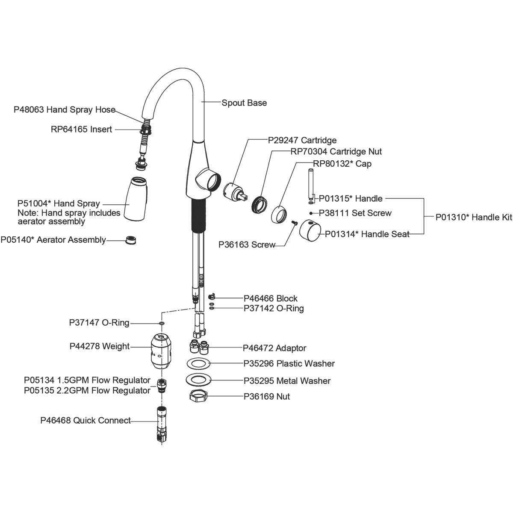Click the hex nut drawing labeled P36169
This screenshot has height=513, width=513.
coord(198,396)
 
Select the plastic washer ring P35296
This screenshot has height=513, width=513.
coord(199,364)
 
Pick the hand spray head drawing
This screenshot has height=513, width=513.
coord(136,198)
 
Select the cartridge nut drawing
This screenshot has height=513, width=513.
coord(259,204)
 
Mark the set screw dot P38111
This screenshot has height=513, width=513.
coord(311,213)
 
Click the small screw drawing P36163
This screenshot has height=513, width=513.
coord(294,222)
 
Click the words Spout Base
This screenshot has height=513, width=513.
coord(244,103)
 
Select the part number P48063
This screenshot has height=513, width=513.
coord(29,110)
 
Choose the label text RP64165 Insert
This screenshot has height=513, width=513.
coord(81,130)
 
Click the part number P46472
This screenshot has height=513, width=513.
coord(258,348)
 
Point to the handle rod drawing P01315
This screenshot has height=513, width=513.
coord(311,184)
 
